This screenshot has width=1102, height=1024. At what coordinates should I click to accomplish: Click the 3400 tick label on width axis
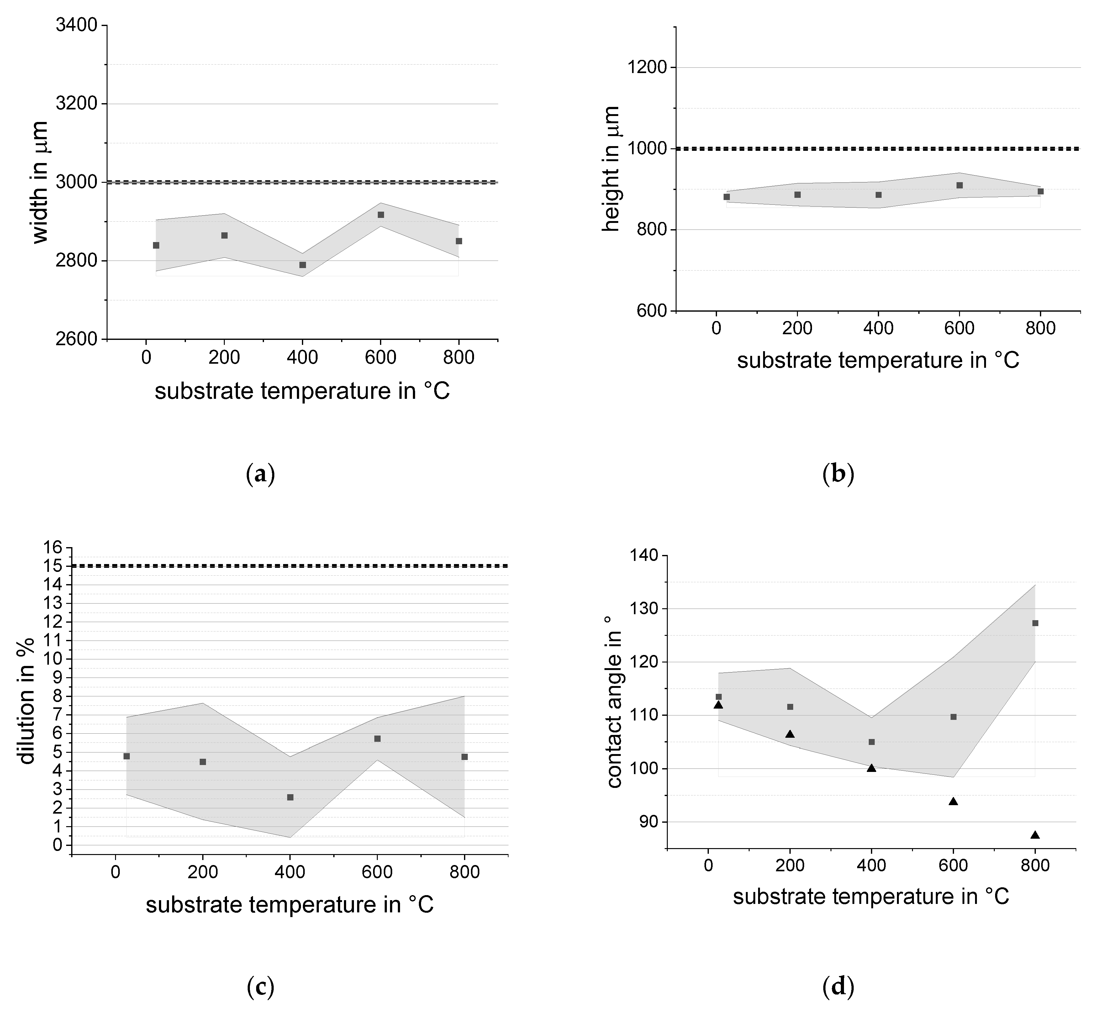tap(76, 25)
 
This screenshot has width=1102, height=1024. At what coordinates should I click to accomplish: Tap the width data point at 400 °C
tap(303, 265)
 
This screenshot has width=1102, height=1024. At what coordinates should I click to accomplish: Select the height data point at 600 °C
tap(960, 185)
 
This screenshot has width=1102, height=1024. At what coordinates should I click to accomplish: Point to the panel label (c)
tap(260, 987)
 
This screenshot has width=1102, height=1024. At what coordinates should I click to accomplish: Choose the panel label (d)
tap(838, 987)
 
